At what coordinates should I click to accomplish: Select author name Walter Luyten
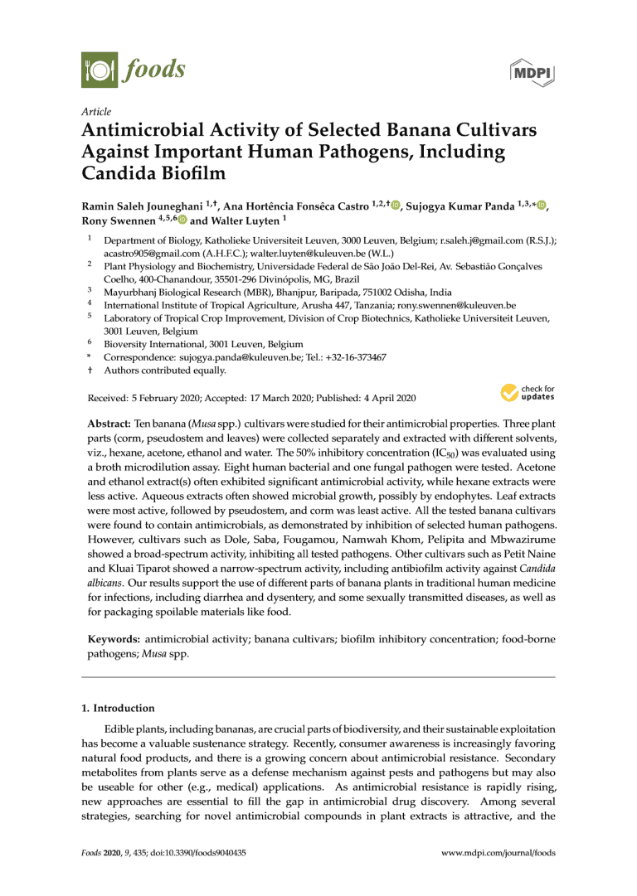coord(240,220)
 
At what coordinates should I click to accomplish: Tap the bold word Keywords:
coord(114,640)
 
